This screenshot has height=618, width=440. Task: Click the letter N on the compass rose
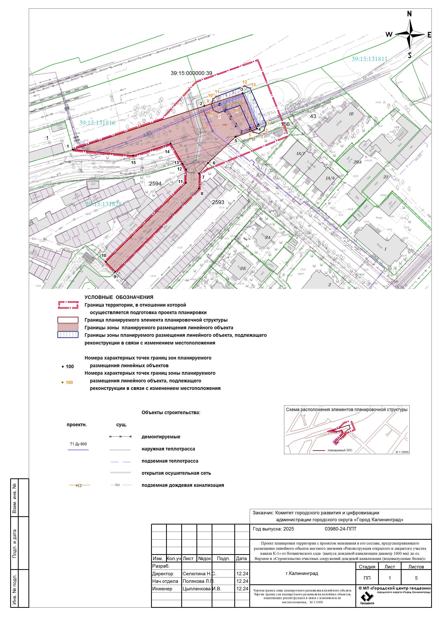(409, 14)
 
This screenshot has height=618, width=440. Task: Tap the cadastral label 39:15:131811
(369, 59)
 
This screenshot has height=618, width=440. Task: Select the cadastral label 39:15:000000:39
(191, 73)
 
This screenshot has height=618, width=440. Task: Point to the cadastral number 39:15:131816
(97, 123)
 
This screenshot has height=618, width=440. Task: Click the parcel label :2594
(154, 183)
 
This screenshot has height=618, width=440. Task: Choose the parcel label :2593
(218, 202)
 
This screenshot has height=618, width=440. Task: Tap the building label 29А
(357, 162)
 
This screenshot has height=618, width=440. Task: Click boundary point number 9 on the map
(115, 276)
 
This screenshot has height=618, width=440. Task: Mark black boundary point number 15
(133, 163)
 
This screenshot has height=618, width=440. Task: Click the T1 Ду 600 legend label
(78, 444)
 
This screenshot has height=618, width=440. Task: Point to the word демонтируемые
(161, 437)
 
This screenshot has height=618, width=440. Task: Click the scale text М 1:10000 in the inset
(402, 452)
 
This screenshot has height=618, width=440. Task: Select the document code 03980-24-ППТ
(340, 529)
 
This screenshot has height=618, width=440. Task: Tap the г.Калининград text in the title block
(302, 573)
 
